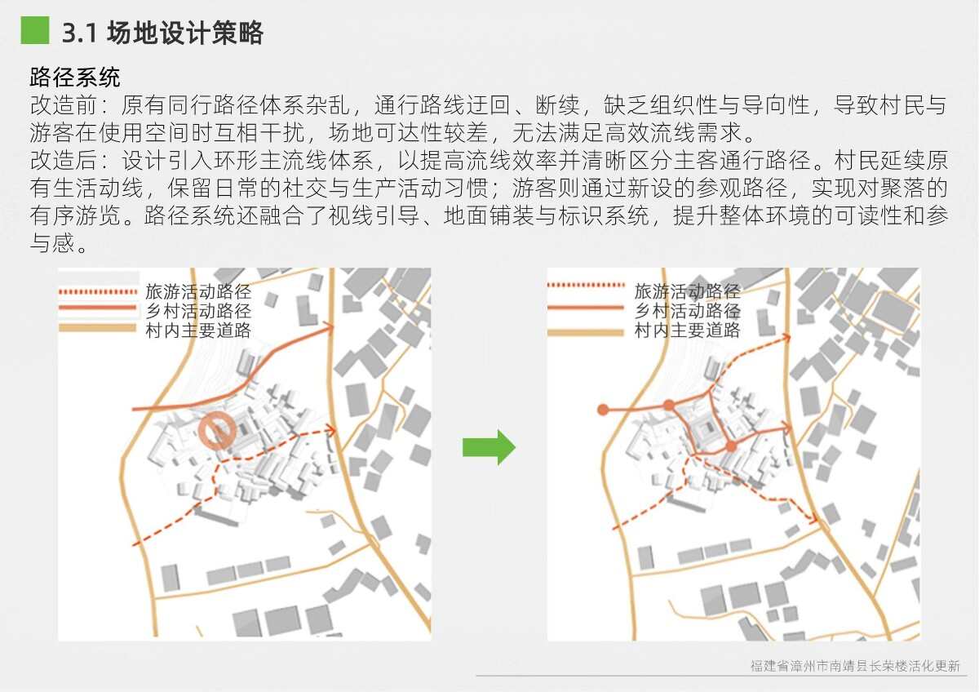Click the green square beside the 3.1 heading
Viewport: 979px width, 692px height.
tap(35, 30)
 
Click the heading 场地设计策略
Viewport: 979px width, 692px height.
tap(185, 33)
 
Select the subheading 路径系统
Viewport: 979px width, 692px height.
tap(75, 78)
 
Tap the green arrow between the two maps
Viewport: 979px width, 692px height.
tap(489, 447)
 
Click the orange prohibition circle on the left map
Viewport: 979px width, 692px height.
tap(217, 431)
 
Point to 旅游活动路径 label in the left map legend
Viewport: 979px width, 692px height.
tap(198, 291)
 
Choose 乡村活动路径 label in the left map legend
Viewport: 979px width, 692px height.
tap(198, 311)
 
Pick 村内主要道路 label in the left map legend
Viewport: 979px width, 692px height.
tap(198, 330)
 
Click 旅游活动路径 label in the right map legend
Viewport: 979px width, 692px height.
tap(687, 291)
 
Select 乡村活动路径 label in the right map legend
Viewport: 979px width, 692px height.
tap(687, 311)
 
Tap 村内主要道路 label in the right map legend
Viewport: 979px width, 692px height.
tap(687, 330)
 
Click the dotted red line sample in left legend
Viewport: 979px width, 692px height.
tap(98, 291)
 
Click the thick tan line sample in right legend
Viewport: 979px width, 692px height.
tap(586, 333)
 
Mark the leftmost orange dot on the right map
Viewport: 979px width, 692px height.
tap(603, 410)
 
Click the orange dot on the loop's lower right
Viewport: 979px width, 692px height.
tap(731, 446)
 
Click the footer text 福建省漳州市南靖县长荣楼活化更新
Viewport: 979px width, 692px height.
tap(855, 666)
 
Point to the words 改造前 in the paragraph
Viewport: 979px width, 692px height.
tap(63, 105)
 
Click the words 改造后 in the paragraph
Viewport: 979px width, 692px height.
tap(63, 160)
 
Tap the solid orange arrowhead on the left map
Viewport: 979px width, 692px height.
tap(329, 327)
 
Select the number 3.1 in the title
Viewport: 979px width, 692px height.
tap(79, 33)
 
